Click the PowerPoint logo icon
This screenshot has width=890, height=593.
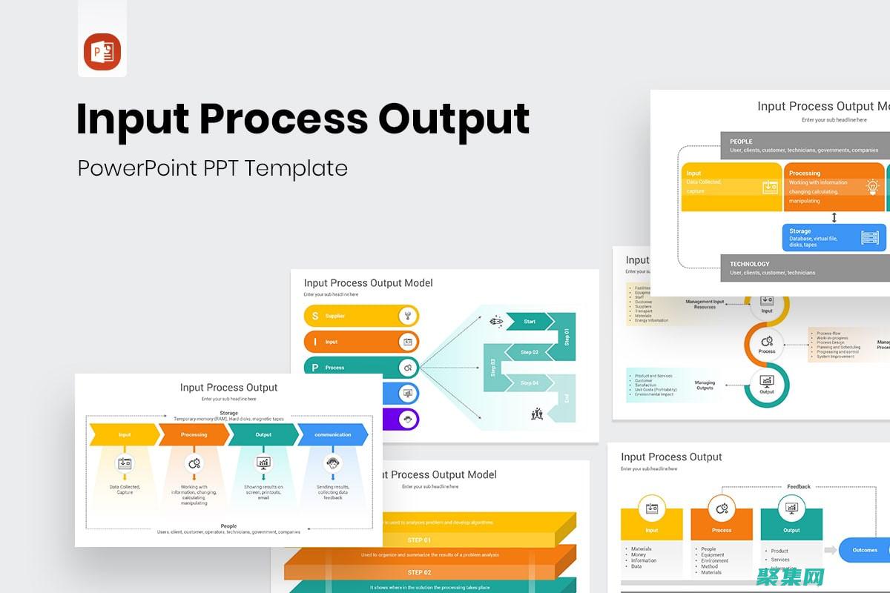[x=102, y=52]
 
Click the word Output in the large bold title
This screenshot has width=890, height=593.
[x=454, y=119]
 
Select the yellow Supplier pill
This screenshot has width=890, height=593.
[x=361, y=316]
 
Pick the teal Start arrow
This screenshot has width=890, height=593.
[x=529, y=322]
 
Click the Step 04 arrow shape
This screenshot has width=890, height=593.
[x=529, y=382]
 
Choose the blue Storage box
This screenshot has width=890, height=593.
[x=834, y=237]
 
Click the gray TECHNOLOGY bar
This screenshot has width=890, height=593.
[x=805, y=268]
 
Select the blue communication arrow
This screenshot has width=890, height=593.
[x=333, y=434]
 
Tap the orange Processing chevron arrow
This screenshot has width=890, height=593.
[x=194, y=434]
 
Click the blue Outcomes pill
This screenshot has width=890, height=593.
[x=865, y=550]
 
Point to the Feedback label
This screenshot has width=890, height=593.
[x=799, y=487]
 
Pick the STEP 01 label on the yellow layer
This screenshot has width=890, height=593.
[x=419, y=540]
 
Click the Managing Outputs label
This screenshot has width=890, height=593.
[x=705, y=385]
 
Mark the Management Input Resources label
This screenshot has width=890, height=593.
[x=705, y=304]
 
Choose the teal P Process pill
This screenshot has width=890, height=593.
[x=361, y=368]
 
